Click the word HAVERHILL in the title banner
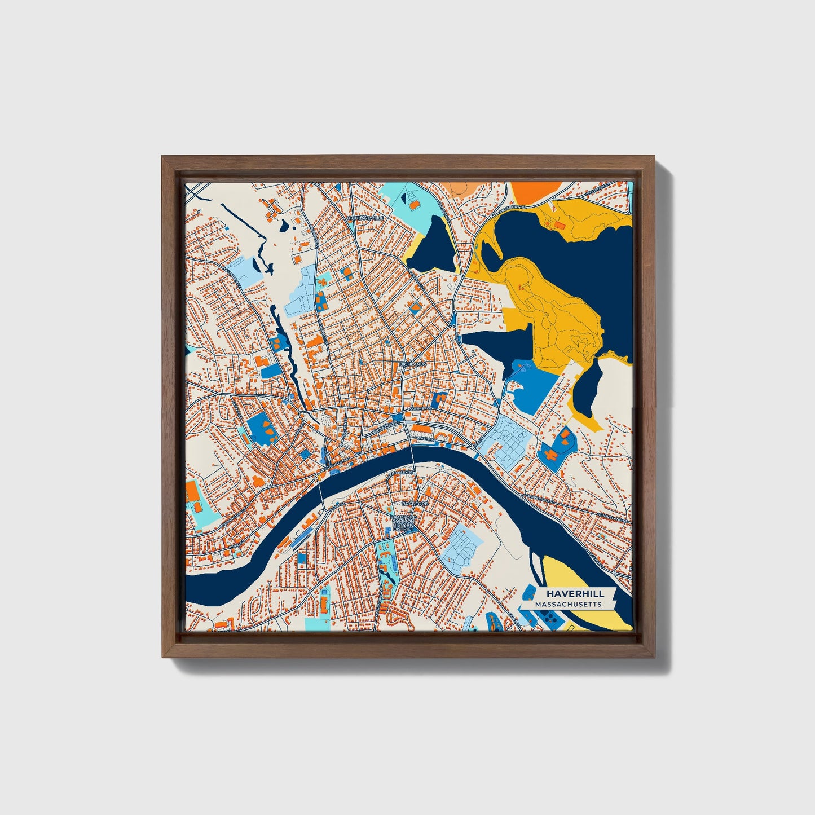tap(574, 594)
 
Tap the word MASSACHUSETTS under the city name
tap(567, 605)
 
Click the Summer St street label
tap(420, 407)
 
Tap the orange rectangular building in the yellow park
tap(560, 226)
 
